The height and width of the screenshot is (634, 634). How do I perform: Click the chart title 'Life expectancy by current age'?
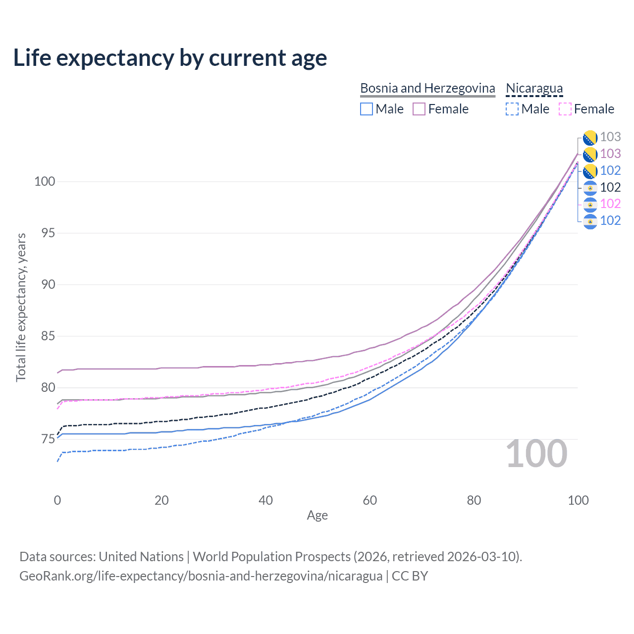click(x=170, y=58)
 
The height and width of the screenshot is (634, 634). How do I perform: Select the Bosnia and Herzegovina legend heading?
click(x=427, y=89)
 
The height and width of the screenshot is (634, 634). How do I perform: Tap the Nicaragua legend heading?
click(x=534, y=89)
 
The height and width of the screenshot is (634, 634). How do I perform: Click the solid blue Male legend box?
click(x=366, y=109)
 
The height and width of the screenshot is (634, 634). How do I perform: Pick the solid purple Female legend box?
click(x=419, y=109)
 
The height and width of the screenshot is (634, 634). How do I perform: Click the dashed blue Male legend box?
click(x=512, y=109)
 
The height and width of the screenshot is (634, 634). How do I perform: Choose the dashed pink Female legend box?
click(x=565, y=109)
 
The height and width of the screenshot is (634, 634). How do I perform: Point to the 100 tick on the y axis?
click(x=45, y=181)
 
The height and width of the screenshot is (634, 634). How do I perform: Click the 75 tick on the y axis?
click(x=48, y=439)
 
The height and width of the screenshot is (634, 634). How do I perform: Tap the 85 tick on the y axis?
click(x=48, y=336)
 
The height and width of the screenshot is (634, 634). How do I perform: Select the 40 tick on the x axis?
click(x=265, y=500)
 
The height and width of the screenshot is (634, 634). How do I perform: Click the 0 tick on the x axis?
click(x=57, y=500)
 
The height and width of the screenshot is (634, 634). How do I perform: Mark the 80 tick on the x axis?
click(x=474, y=500)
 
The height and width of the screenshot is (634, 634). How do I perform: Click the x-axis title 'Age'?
click(x=317, y=515)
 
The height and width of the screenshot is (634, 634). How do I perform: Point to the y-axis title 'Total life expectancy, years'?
click(x=21, y=307)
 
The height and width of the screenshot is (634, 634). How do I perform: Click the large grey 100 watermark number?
click(x=536, y=454)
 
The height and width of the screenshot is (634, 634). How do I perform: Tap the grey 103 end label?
click(x=610, y=137)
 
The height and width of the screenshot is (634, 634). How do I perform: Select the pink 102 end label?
click(x=610, y=204)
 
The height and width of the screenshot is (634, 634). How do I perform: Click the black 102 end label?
click(x=610, y=187)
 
